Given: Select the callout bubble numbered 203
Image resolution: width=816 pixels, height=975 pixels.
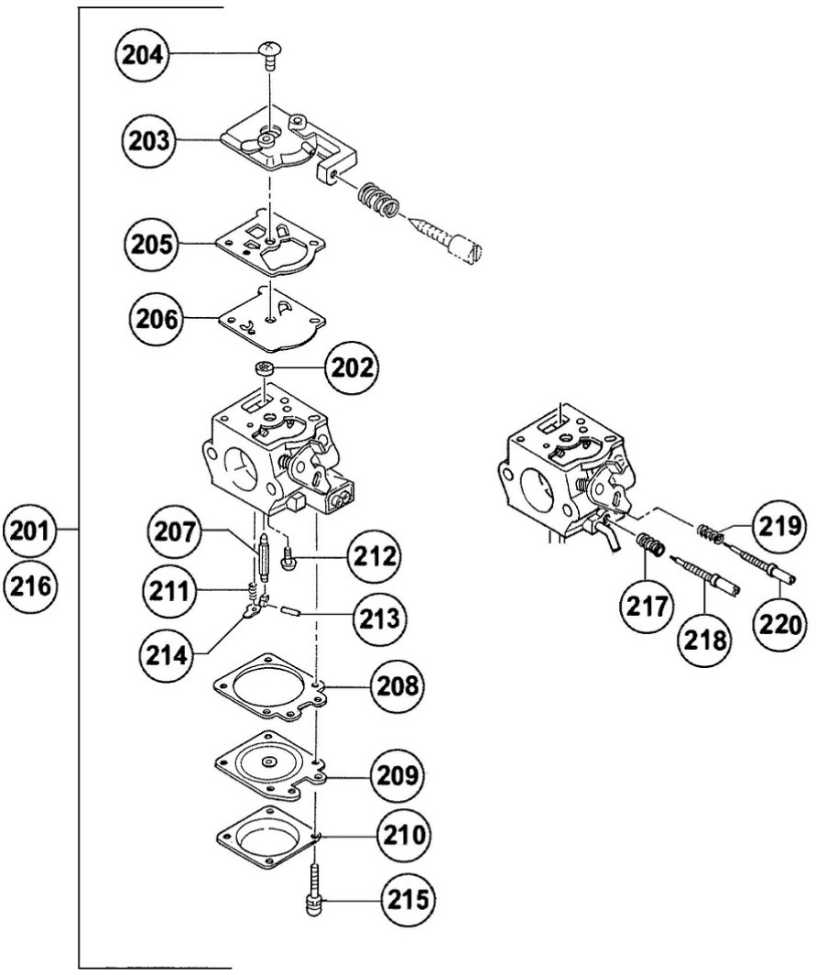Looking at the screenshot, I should pyautogui.click(x=147, y=140).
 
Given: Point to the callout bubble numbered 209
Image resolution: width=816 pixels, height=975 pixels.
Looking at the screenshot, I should pyautogui.click(x=397, y=775).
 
